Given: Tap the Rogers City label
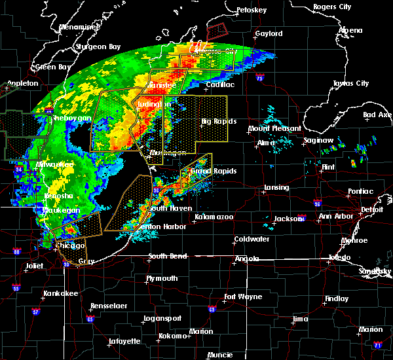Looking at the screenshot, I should [x=332, y=7].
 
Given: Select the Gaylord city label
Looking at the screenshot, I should [x=269, y=33].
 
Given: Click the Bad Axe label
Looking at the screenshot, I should [x=377, y=115].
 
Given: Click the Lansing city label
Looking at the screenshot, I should [x=276, y=188].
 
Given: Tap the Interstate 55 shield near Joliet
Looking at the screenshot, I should [x=16, y=287].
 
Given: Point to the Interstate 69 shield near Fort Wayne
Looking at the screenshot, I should [x=212, y=309].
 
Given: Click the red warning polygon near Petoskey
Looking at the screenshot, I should [x=215, y=30].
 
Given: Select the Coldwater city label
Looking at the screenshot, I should [x=252, y=239].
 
